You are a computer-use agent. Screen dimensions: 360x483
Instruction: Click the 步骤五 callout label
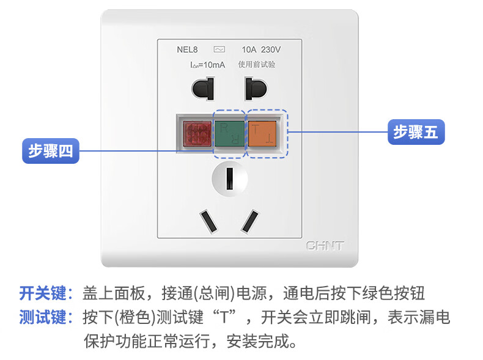click(416, 131)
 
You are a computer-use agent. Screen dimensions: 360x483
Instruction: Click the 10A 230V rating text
click(262, 50)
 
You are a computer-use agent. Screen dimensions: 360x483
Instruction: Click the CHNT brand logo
click(325, 246)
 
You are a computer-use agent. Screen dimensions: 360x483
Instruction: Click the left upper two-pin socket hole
click(204, 89)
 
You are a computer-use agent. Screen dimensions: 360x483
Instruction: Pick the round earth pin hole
click(229, 179)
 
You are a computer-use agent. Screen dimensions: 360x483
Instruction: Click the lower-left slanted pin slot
click(208, 221)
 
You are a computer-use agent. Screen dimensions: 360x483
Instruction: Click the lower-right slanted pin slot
click(249, 221)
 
